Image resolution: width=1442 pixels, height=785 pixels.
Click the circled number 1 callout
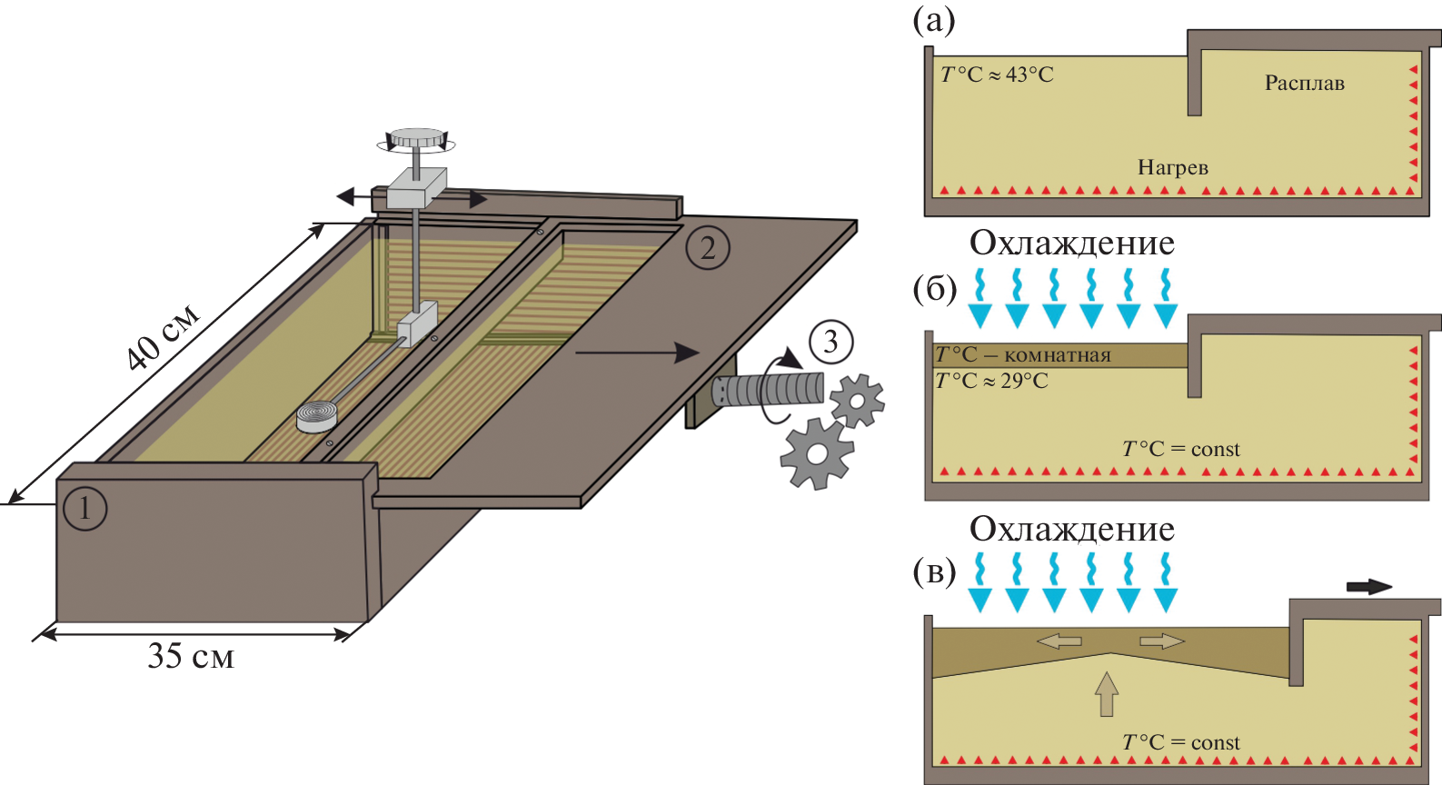click(x=85, y=507)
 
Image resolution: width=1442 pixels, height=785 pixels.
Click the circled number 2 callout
click(x=708, y=247)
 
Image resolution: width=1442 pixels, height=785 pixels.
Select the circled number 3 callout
click(x=830, y=342)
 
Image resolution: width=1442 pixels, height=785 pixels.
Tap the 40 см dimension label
click(x=163, y=338)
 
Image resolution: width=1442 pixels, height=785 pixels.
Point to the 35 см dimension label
click(x=191, y=656)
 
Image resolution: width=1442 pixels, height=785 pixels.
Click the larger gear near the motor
click(x=817, y=452)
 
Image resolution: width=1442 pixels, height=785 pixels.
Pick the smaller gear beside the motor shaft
click(x=857, y=400)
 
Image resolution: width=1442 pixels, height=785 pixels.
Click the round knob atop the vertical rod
click(x=417, y=139)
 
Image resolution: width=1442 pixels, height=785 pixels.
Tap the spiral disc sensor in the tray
click(x=318, y=415)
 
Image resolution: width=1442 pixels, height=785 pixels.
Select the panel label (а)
click(x=934, y=19)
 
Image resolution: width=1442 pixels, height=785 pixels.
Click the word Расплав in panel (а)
click(x=1304, y=83)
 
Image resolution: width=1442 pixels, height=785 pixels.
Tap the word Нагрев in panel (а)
click(x=1173, y=167)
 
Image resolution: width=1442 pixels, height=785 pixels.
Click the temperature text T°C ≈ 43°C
click(x=997, y=75)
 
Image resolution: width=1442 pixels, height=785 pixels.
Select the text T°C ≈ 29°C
click(x=992, y=381)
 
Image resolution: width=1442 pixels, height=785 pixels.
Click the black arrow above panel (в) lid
click(x=1368, y=586)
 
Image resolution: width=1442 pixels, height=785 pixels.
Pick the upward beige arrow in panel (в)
click(x=1106, y=694)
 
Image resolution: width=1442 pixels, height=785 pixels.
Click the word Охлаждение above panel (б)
click(x=1072, y=243)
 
